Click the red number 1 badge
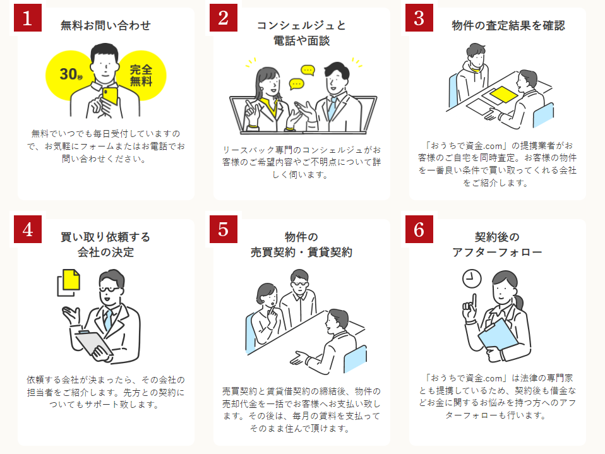pos(27,18)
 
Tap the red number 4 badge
pos(27,229)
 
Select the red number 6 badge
pos(419,229)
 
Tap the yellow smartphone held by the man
pos(111,96)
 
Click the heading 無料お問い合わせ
pos(105,25)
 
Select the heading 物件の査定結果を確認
pos(508,25)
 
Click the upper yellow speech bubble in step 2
pos(308,70)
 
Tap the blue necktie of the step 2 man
pos(332,107)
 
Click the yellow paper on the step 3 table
pos(504,95)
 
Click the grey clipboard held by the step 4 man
pos(93,342)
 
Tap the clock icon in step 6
pos(472,278)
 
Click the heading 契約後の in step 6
pos(497,237)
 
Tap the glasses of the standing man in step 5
pos(299,284)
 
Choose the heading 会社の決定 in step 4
pos(105,253)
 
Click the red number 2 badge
pos(224,18)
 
